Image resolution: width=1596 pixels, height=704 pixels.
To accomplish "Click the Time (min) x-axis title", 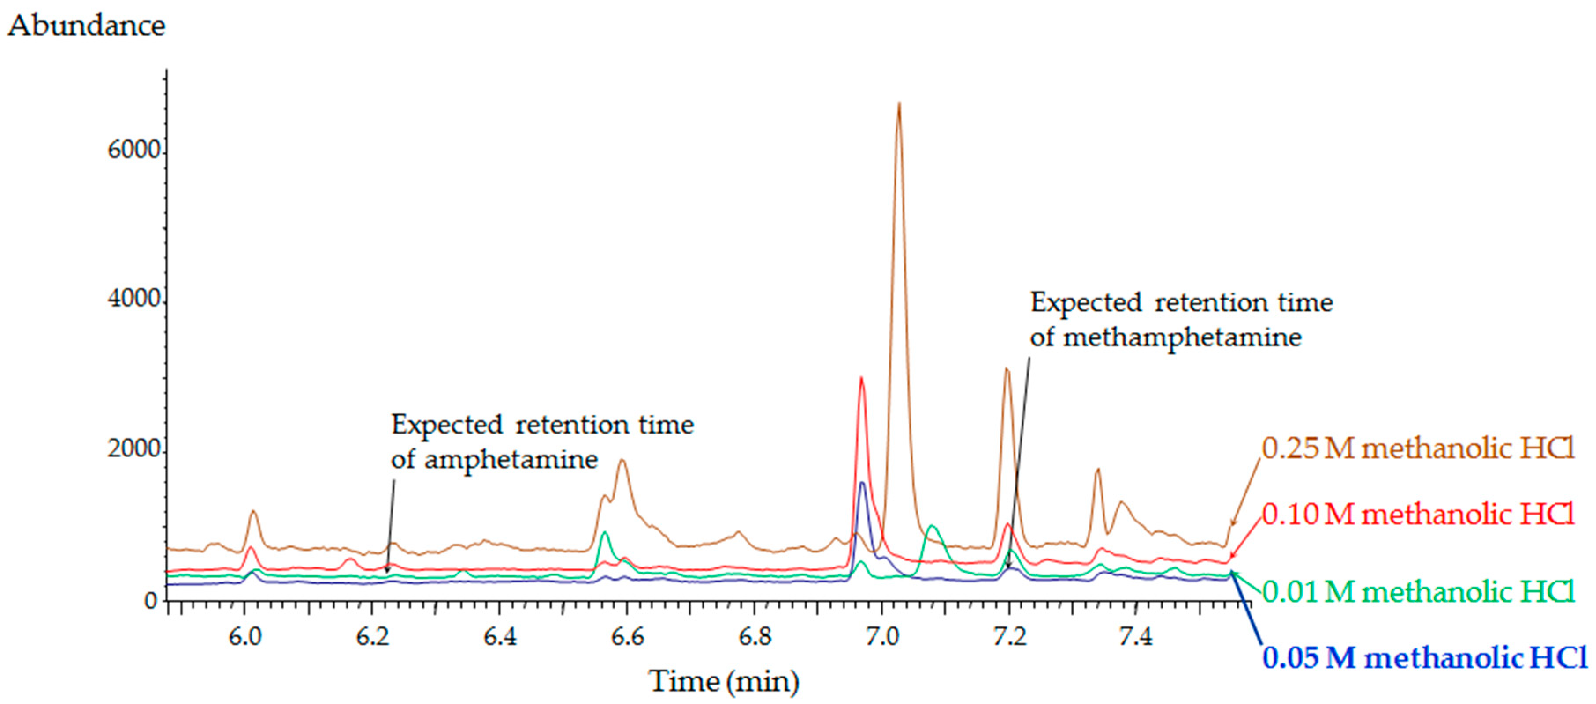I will tap(724, 682).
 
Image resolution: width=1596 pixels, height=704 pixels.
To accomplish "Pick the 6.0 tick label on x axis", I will tap(245, 637).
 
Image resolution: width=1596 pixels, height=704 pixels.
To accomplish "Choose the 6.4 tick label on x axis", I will tap(500, 637).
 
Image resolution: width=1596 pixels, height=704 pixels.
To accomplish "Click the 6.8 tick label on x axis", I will tap(755, 637).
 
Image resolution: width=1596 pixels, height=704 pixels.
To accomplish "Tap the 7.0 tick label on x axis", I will tap(882, 637).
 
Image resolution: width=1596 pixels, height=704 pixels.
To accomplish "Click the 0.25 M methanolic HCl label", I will tap(1418, 448).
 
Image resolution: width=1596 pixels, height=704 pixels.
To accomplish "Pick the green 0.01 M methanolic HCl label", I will tap(1418, 592).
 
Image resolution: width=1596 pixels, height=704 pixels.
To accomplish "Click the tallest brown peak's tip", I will tap(899, 104).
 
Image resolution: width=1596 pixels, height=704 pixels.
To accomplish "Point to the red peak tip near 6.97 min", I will tap(861, 378).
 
